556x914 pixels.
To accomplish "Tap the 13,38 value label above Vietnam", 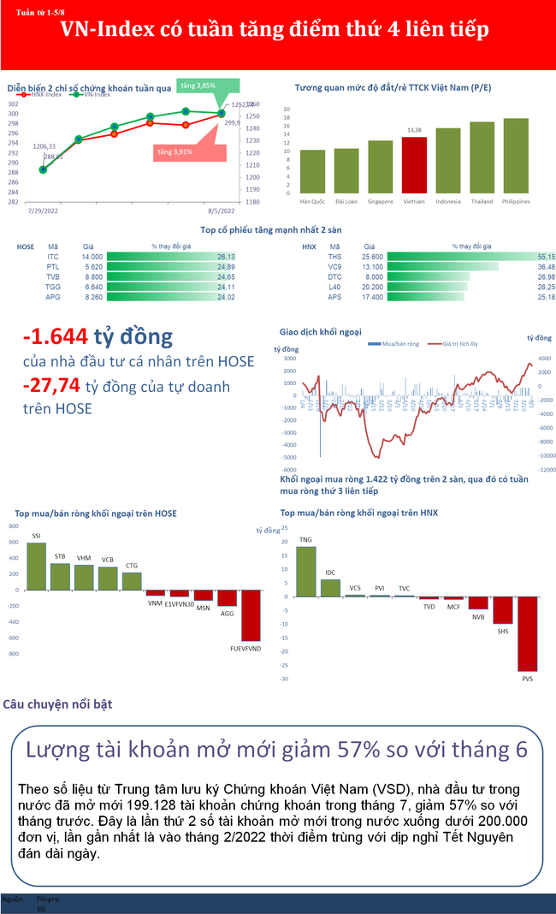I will (x=414, y=130).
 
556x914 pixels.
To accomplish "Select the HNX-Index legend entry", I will (x=51, y=95).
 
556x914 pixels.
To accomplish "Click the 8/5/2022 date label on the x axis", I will (x=222, y=209).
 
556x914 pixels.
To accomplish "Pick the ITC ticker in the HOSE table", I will (x=53, y=257).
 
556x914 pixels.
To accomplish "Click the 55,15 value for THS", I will (x=546, y=257).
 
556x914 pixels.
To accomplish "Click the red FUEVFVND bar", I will (x=251, y=615).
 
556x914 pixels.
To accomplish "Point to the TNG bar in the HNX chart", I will (x=305, y=571).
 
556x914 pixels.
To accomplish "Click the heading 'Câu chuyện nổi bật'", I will (x=57, y=704).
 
